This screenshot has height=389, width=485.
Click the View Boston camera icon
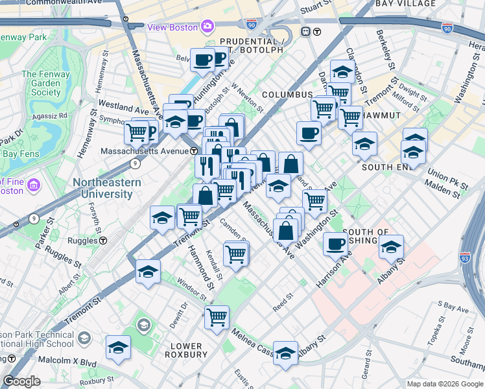pyautogui.click(x=207, y=26)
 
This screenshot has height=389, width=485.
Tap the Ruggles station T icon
pyautogui.click(x=103, y=241)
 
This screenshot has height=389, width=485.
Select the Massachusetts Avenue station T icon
pyautogui.click(x=194, y=150)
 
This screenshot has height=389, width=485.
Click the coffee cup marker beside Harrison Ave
pyautogui.click(x=335, y=243)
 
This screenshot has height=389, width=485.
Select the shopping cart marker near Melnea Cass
pyautogui.click(x=217, y=317)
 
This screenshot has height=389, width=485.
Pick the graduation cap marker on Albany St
pyautogui.click(x=391, y=246)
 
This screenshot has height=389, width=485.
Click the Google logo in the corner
pyautogui.click(x=21, y=381)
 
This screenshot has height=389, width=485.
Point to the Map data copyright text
pyautogui.click(x=444, y=384)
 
